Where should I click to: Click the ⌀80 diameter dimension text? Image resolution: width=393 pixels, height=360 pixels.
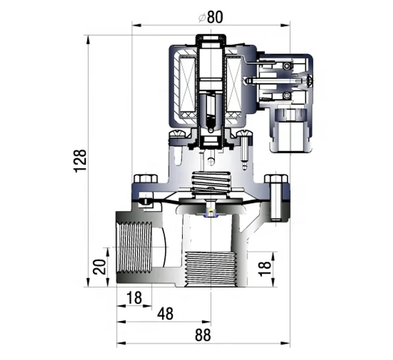(x=210, y=16)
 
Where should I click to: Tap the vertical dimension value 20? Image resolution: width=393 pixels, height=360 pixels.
(x=97, y=267)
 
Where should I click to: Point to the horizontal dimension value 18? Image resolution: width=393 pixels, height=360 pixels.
(x=134, y=298)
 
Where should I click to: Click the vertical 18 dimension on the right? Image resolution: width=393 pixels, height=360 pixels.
(x=264, y=267)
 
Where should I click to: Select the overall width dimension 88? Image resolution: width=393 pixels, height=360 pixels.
(x=203, y=334)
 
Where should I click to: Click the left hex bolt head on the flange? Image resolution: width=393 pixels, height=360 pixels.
(x=141, y=179)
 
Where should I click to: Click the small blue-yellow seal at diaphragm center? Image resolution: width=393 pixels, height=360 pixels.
(x=210, y=212)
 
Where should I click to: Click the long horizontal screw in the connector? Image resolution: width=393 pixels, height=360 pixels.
(x=277, y=81)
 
